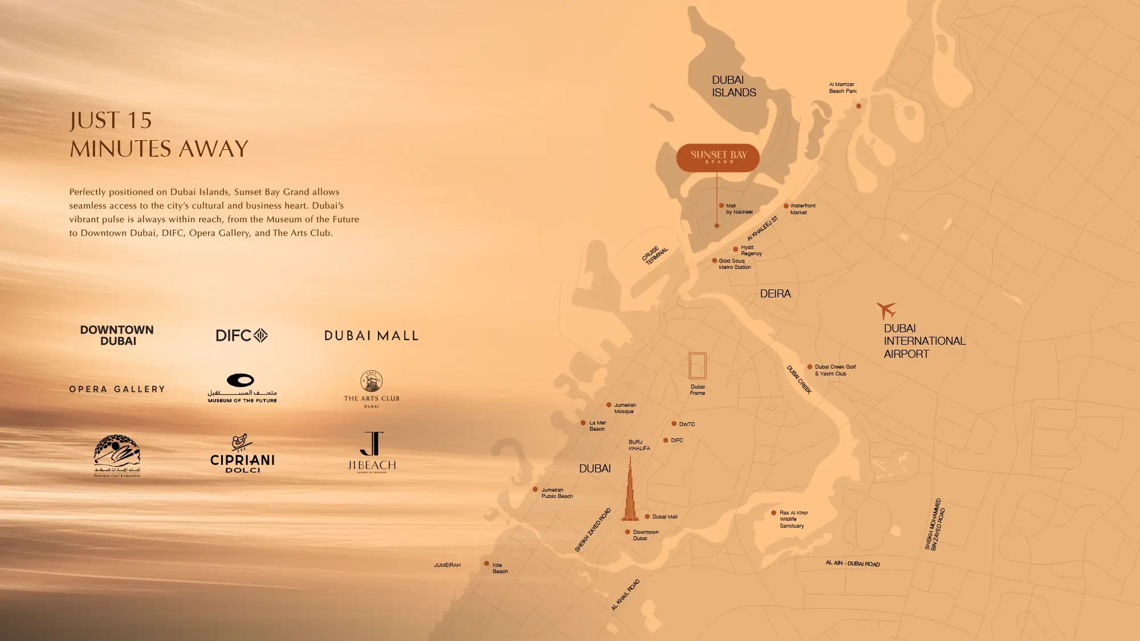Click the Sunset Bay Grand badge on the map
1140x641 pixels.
coord(718,157)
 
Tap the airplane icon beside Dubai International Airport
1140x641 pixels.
coord(886,311)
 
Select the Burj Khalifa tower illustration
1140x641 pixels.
coord(630,493)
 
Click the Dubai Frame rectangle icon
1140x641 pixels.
coord(697,366)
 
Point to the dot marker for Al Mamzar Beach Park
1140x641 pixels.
coord(858,106)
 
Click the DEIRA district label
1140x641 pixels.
coord(775,294)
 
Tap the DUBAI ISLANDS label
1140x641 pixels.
coord(734,87)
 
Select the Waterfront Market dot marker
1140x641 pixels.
coord(786,206)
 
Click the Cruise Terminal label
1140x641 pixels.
coord(655,255)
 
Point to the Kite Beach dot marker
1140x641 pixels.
coord(486,564)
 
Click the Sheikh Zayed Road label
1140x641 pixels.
coord(593,530)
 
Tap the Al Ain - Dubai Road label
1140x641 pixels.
coord(853,564)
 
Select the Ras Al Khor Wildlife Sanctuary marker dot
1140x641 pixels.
coord(773,513)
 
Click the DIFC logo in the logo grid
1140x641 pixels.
coord(242,336)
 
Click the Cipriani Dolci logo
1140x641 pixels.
coord(242,454)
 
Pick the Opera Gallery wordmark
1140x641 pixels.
coord(117,389)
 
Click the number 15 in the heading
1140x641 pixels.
coord(139,121)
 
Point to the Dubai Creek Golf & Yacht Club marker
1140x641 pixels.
coord(809,367)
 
